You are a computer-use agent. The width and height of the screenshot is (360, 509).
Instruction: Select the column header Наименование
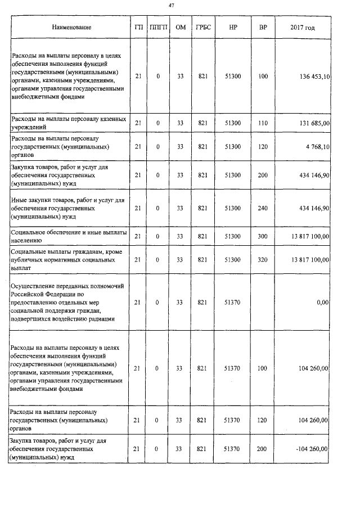71,28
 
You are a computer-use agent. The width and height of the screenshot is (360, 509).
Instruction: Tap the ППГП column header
157,28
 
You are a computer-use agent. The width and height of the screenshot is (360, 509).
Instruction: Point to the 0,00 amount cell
322,303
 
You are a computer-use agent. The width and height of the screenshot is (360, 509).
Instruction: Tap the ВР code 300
263,236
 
